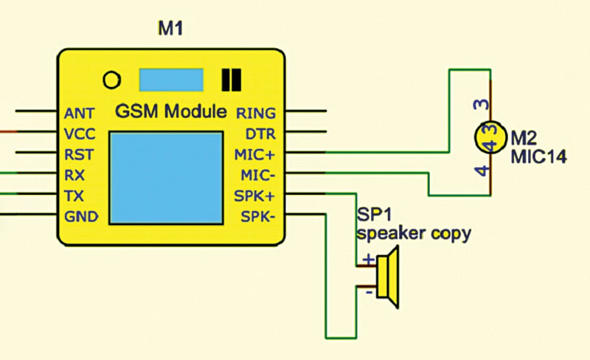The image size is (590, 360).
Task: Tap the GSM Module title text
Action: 171,113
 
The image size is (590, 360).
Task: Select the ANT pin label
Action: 80,114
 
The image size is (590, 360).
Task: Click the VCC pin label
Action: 80,134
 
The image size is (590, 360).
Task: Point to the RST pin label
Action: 79,155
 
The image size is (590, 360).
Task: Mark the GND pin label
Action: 81,217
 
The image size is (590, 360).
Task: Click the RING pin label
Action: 256,114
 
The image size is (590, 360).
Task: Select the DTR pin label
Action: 260,134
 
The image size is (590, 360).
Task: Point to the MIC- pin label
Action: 258,176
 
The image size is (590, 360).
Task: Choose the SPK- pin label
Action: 258,217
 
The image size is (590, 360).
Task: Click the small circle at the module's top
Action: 111,79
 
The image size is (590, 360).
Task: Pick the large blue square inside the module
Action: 166,178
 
